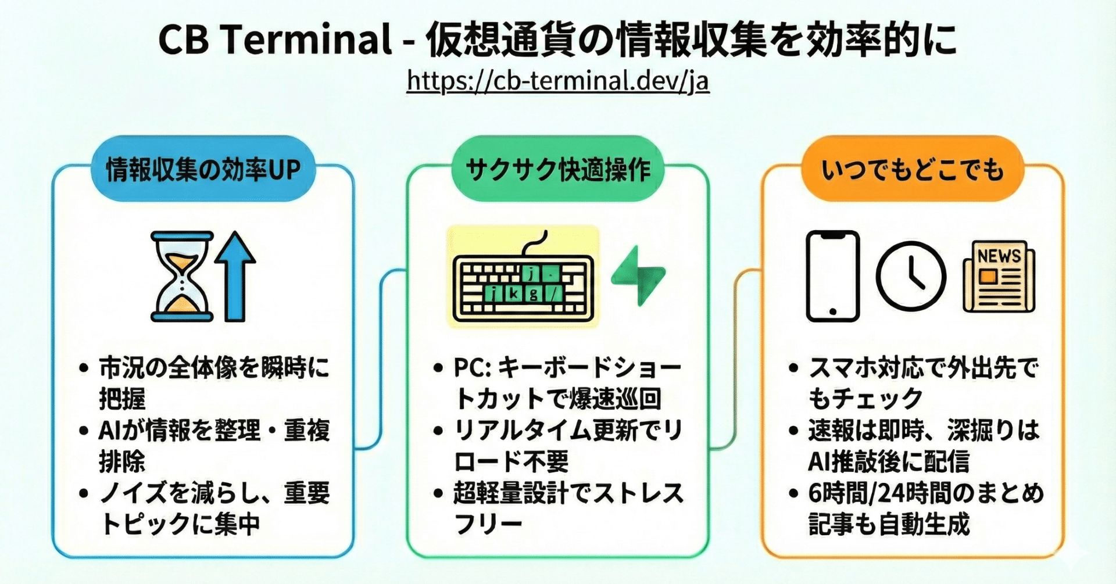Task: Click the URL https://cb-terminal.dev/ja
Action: (557, 81)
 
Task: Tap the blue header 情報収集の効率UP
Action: (203, 169)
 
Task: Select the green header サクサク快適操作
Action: (557, 169)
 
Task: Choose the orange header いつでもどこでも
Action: (912, 169)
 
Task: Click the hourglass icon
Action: (182, 277)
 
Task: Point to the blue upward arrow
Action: (235, 277)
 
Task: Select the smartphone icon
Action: (832, 276)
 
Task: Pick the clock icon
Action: (910, 277)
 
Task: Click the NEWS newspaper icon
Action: (999, 277)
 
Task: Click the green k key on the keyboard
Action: (513, 293)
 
